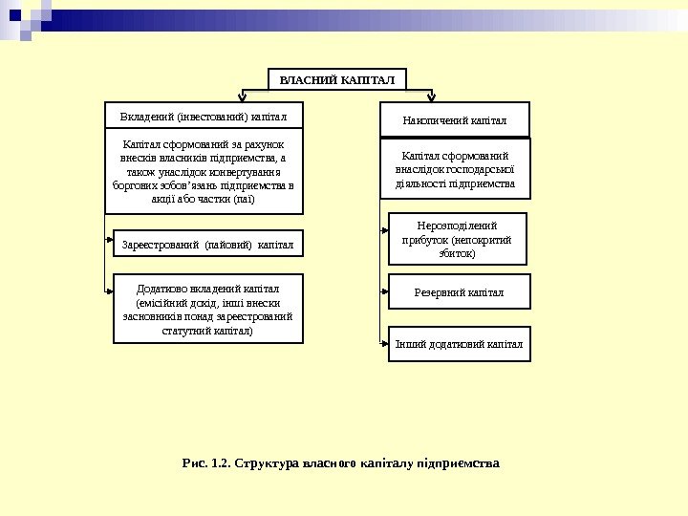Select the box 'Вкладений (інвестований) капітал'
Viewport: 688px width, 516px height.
click(x=202, y=116)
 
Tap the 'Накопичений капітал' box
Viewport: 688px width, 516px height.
click(x=454, y=120)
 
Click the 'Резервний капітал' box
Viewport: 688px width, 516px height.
click(x=459, y=292)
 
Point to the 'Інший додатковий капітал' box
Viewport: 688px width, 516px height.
click(x=459, y=344)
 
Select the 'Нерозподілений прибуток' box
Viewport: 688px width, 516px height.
click(x=459, y=238)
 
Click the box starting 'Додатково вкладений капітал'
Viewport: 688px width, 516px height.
click(x=207, y=308)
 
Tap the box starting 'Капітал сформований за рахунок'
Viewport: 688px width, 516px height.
click(x=202, y=172)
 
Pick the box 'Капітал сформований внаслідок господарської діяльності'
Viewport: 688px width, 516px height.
click(x=455, y=169)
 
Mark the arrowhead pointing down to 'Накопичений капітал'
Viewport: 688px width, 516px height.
click(x=433, y=97)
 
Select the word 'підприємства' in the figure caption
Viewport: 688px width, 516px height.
click(x=457, y=464)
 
